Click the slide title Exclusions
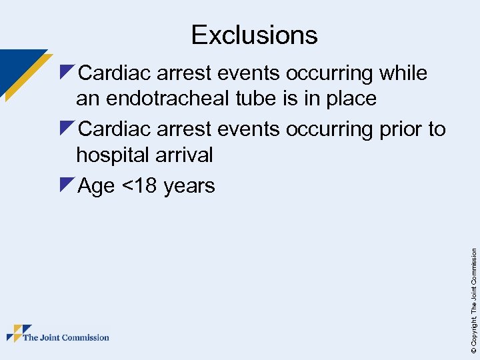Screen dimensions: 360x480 point(254,35)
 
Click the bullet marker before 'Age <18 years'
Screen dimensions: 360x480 point(67,184)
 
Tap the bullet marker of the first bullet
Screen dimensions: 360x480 point(67,71)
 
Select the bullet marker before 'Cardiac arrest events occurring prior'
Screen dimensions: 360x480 point(67,127)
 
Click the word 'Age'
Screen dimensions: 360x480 point(97,185)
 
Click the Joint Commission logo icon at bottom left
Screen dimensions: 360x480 point(18,333)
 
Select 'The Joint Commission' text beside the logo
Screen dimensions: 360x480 point(66,337)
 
